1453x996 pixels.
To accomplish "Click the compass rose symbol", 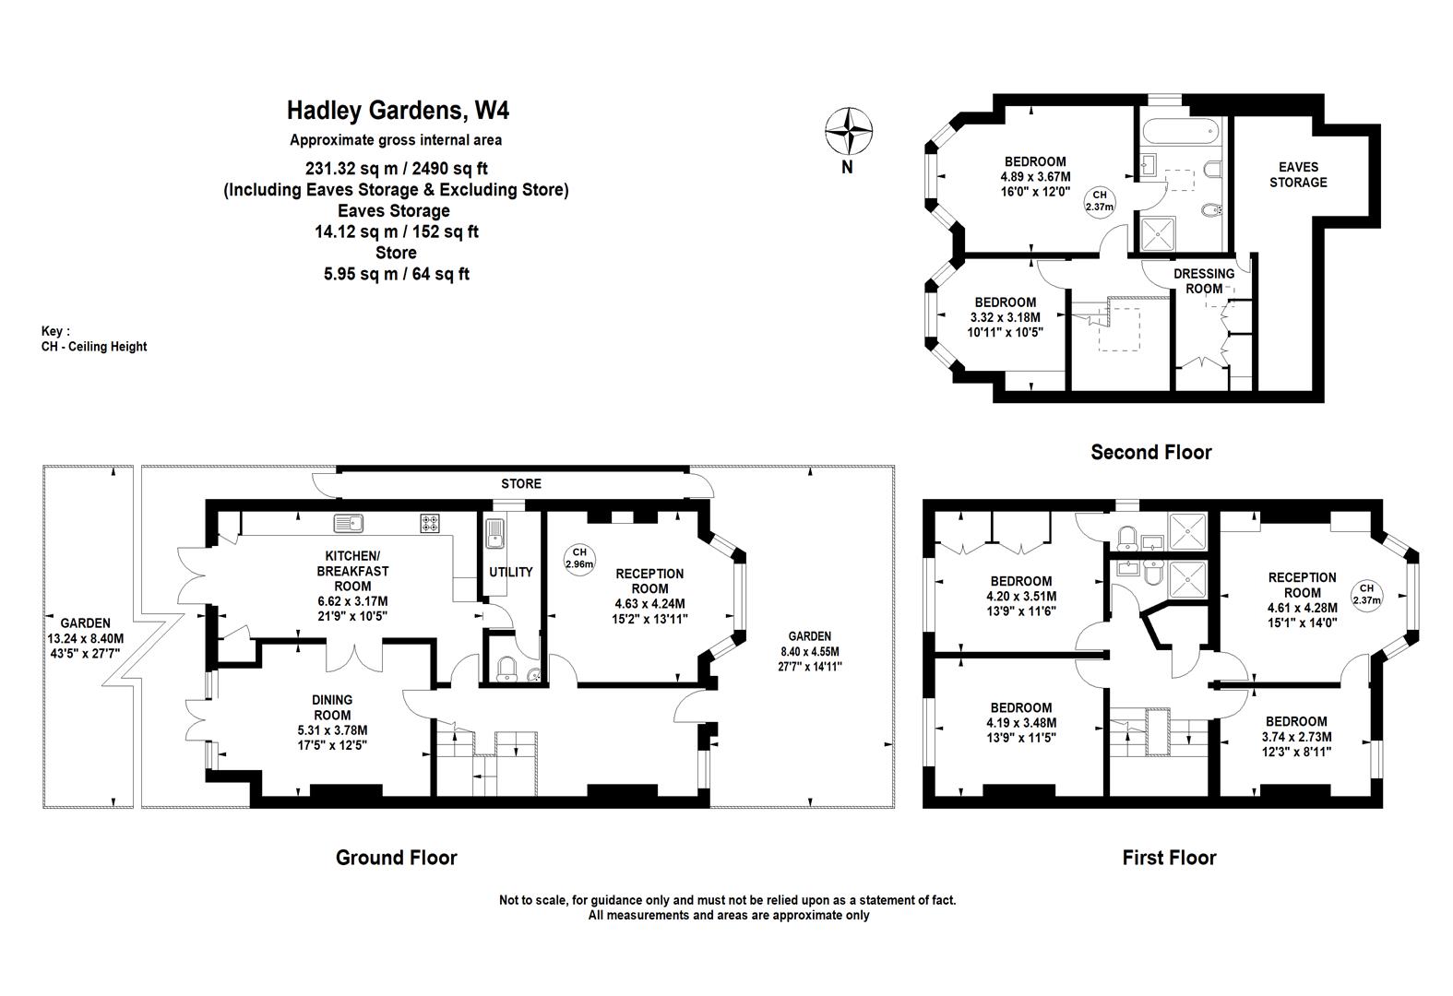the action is coord(848,131).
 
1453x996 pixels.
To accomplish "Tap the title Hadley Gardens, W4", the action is coord(398,111).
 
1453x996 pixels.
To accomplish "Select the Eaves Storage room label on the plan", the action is coord(1298,174).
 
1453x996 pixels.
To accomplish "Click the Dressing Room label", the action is coord(1204,280).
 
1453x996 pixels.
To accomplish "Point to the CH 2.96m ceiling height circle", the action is coord(579,559).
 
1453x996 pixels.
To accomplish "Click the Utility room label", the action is coord(510,572).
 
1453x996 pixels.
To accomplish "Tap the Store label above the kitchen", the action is coord(521,484).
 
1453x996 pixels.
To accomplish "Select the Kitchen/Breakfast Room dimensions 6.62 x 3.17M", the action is coord(352,601).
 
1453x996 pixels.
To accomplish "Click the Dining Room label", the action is coord(332,707).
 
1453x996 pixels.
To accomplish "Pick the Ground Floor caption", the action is coord(397,858).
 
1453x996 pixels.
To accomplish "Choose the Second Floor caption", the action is coord(1151,452).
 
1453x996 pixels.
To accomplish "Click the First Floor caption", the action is coord(1170,858).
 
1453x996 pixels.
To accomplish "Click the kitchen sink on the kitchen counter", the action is coord(349,523).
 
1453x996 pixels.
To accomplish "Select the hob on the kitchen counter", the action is coord(430,523).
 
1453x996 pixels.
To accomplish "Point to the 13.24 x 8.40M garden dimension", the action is coord(86,639).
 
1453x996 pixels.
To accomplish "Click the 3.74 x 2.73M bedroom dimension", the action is coord(1297,737).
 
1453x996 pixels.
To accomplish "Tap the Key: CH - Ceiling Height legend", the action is coord(94,339).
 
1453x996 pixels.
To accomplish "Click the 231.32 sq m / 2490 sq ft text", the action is coord(397,169).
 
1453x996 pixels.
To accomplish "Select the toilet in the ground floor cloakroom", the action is coord(506,669).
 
